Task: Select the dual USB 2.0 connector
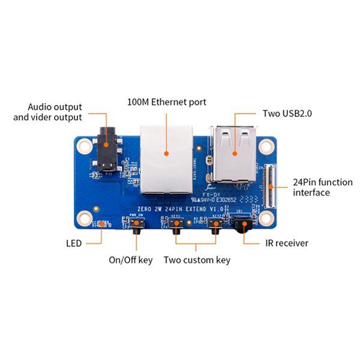point(234,152)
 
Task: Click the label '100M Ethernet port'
point(167,102)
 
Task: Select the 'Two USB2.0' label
point(287,113)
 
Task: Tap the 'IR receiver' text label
point(287,243)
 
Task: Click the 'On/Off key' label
point(130,260)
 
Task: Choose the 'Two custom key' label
point(197,260)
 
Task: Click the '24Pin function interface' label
point(318,187)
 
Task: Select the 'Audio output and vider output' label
point(48,112)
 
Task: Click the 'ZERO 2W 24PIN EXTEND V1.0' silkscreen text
point(176,209)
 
